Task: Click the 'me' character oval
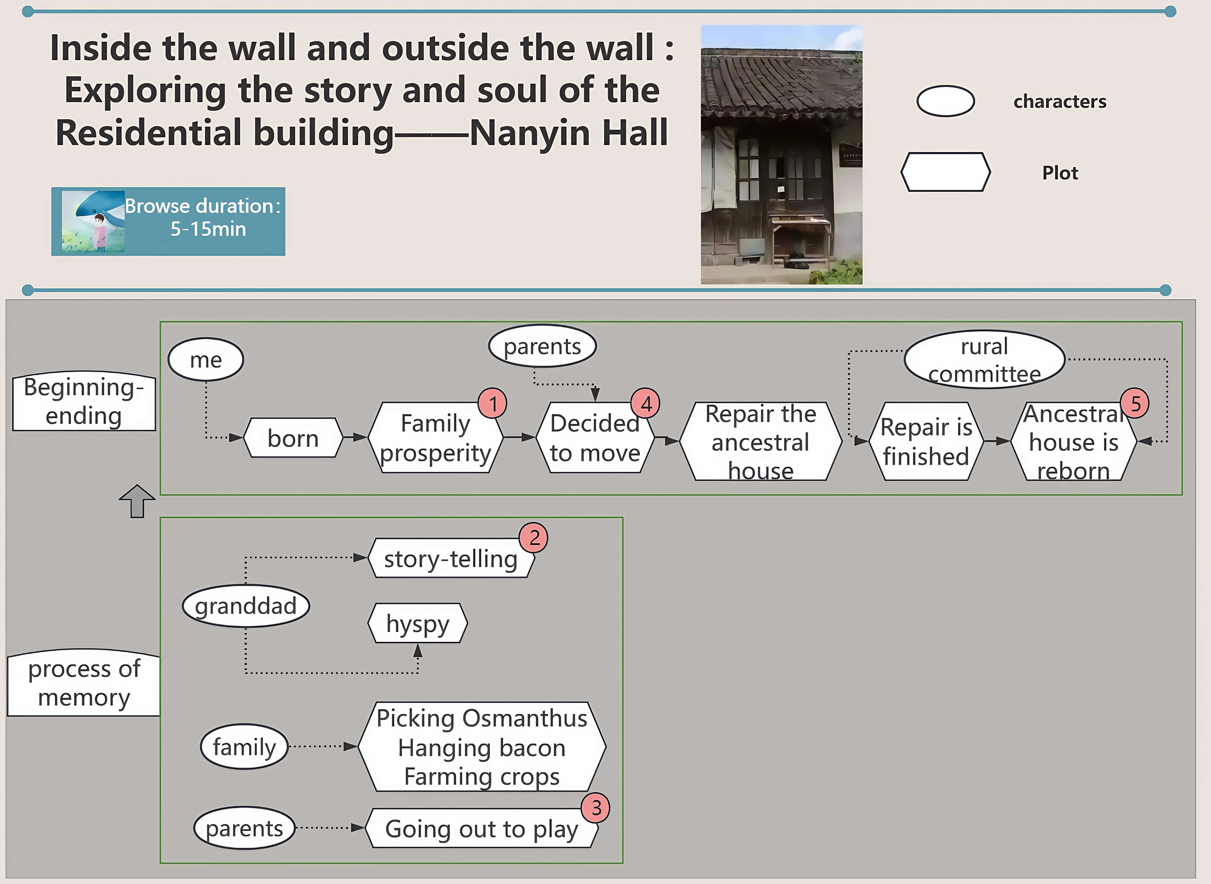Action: point(206,360)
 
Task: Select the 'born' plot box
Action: point(293,438)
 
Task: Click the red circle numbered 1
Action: point(493,403)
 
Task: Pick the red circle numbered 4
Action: point(646,403)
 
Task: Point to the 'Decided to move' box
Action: point(595,438)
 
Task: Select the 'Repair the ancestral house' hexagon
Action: point(761,441)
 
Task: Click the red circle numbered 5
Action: point(1135,403)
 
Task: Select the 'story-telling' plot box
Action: point(451,558)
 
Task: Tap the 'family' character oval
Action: point(245,746)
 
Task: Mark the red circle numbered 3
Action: point(596,808)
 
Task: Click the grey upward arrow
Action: point(138,501)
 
